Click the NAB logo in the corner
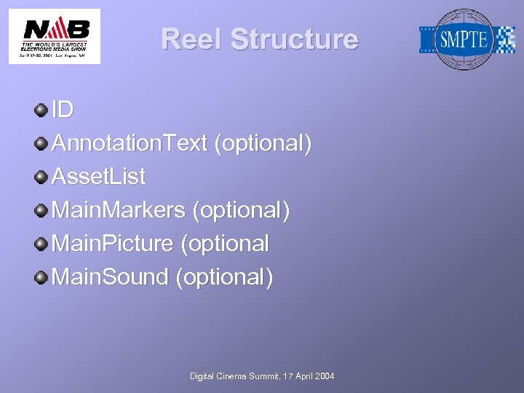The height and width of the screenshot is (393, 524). (55, 36)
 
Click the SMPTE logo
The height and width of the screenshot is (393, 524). (466, 39)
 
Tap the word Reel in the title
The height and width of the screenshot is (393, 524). (192, 39)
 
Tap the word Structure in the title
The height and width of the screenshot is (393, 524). (295, 39)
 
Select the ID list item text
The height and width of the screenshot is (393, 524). (63, 110)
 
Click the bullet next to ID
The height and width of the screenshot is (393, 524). (41, 110)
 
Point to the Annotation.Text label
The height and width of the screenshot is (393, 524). (130, 143)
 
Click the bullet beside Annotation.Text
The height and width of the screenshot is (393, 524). (41, 143)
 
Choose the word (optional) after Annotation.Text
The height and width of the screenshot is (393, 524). (263, 143)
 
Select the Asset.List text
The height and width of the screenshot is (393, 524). (98, 177)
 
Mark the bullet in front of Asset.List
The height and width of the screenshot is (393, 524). (41, 177)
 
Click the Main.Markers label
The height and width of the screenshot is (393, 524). (119, 210)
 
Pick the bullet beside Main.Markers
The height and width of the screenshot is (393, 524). (41, 210)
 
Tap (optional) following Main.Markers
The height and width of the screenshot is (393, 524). (241, 210)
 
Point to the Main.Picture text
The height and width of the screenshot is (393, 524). (113, 244)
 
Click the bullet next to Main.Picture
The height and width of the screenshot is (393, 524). (41, 244)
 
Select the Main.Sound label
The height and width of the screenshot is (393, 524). (111, 277)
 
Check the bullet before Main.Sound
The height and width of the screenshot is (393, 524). (41, 277)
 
